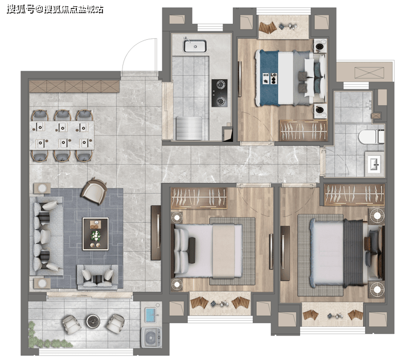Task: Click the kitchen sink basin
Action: tap(195, 46)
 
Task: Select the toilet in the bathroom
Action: tap(371, 137)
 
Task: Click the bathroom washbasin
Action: tap(375, 163)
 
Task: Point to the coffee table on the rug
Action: tap(95, 234)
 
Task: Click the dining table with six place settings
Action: tap(61, 135)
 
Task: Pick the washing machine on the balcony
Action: tap(151, 337)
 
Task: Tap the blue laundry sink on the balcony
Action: tap(151, 315)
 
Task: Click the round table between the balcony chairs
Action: tap(93, 321)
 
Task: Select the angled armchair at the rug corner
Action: tap(94, 191)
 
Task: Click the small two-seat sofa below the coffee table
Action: tap(97, 277)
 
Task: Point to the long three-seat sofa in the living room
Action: tap(46, 236)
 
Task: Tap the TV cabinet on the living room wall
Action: tap(156, 232)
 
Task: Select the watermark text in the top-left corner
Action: tap(55, 10)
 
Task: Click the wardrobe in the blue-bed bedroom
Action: tap(303, 130)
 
